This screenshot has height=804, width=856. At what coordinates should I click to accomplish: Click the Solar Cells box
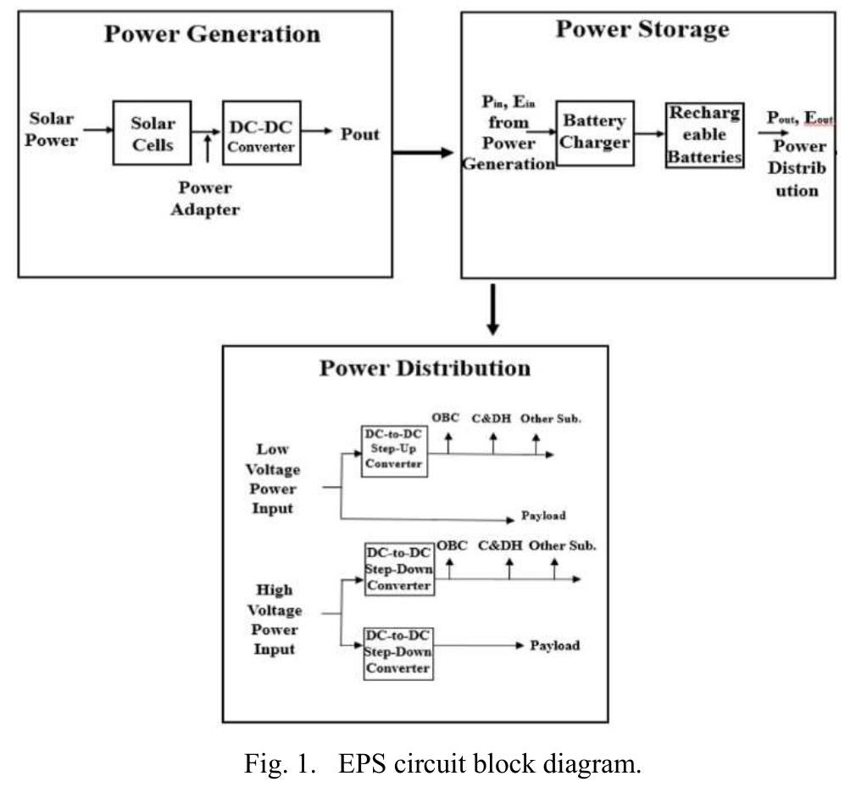pos(152,133)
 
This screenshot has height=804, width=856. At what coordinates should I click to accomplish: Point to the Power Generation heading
pos(212,34)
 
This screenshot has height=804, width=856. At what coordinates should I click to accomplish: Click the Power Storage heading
pos(642,29)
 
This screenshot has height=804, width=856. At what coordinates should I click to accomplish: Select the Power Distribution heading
pos(425,368)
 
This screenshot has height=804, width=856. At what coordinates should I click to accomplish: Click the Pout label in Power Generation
pos(360,134)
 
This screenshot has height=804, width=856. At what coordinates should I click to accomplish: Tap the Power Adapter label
pos(206,198)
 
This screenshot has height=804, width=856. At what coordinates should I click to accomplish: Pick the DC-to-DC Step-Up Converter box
pos(394,451)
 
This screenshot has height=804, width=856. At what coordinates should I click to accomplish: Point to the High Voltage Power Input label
pos(273,619)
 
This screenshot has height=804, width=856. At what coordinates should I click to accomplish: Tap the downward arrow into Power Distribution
pos(492,310)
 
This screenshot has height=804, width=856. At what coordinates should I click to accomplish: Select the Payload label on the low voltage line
pos(542,516)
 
